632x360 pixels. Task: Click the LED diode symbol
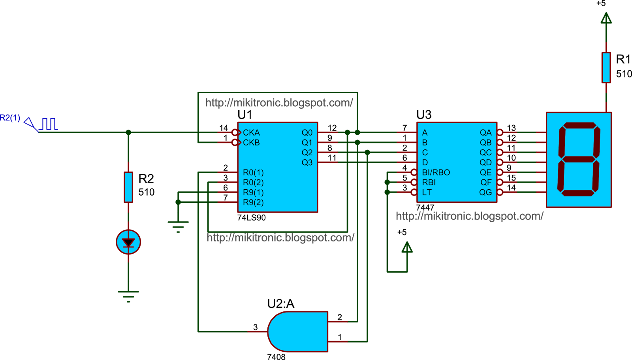[x=128, y=242]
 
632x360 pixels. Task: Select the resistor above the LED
[x=128, y=187]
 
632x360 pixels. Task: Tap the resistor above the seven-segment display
[x=606, y=68]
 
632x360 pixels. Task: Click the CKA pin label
[x=251, y=133]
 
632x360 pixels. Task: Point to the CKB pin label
[x=251, y=143]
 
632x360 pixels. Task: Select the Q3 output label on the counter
[x=307, y=162]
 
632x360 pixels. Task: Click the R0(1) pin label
[x=253, y=173]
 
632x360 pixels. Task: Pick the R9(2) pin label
[x=253, y=202]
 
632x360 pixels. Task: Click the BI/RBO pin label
[x=436, y=173]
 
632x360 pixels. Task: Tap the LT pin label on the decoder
[x=427, y=192]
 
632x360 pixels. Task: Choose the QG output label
[x=485, y=192]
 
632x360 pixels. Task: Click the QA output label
[x=485, y=133]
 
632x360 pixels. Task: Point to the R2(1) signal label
[x=10, y=118]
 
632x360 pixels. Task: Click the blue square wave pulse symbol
[x=49, y=124]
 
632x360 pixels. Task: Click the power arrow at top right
[x=606, y=18]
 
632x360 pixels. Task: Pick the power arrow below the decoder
[x=407, y=247]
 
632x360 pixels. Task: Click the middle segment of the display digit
[x=579, y=159]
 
